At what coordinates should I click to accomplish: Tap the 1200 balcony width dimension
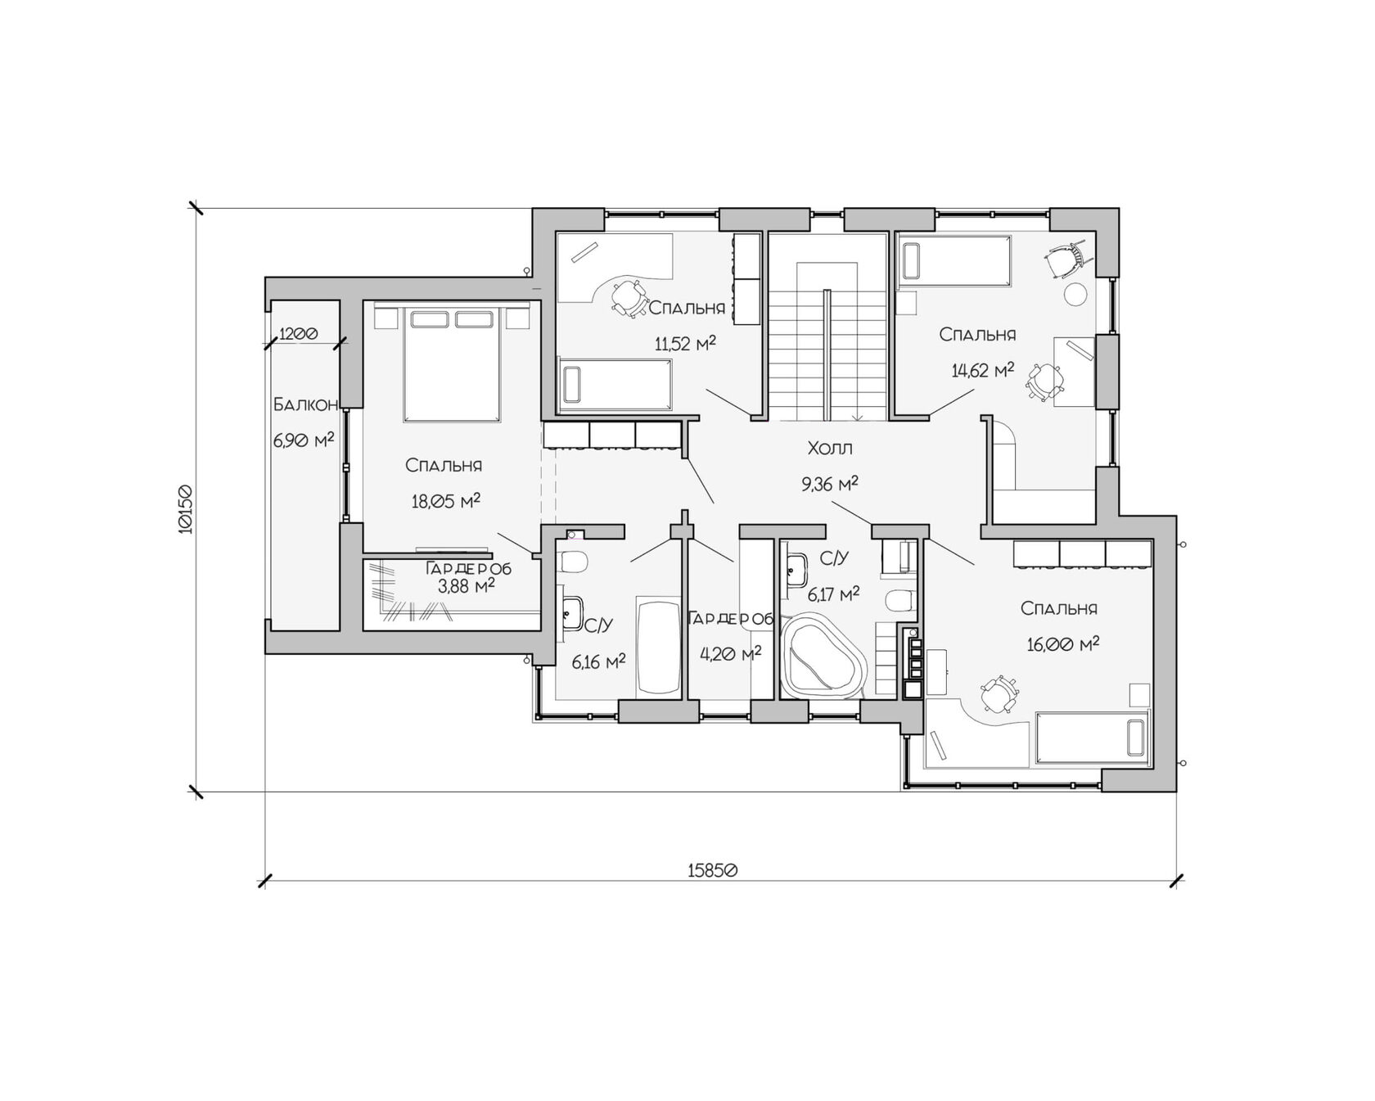pos(299,334)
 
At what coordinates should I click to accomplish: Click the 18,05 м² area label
pos(445,500)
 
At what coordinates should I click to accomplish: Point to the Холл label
pos(830,448)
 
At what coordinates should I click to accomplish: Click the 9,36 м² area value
pos(830,484)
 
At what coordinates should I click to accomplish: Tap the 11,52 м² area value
pos(686,343)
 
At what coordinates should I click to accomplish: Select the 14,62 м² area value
pos(983,370)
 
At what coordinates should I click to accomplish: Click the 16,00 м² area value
pos(1063,644)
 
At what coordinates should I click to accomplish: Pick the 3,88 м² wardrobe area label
pos(467,586)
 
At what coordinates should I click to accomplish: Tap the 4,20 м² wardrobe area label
pos(731,653)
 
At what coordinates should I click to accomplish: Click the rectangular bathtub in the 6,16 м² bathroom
pos(659,648)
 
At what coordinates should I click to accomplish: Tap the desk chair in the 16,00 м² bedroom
pos(996,693)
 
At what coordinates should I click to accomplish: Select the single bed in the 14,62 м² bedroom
pos(955,259)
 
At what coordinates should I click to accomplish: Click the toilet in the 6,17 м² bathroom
pos(899,600)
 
